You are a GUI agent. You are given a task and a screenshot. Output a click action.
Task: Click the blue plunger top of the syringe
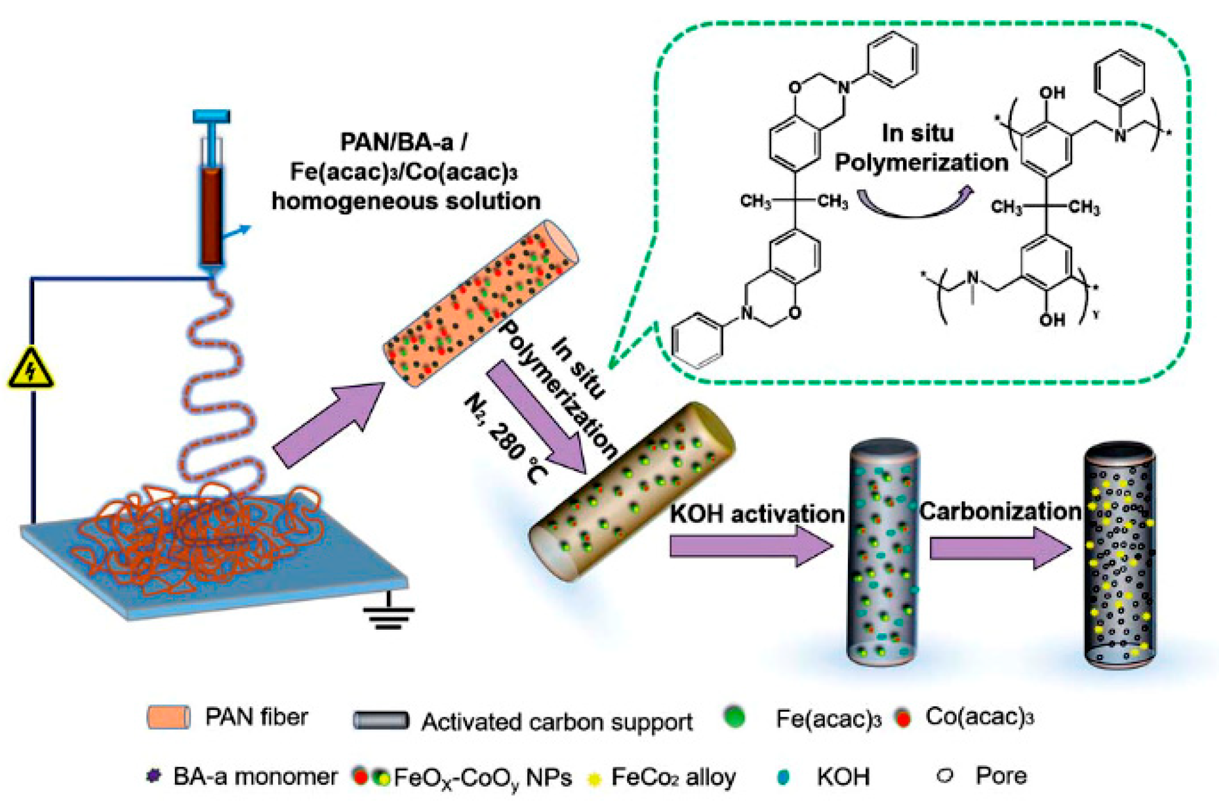point(211,117)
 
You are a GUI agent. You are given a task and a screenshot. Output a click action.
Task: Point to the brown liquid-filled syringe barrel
point(211,215)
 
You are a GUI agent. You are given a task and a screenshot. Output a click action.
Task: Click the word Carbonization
point(1000,511)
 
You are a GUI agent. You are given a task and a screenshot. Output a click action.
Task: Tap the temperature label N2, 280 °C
point(505,439)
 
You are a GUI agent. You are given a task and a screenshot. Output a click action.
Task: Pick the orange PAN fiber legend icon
point(168,717)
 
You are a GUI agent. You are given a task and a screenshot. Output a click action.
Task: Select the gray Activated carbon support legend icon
point(381,720)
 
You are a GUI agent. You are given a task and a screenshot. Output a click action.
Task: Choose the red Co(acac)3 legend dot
point(902,717)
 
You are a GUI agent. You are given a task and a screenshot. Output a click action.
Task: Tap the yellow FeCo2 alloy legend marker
point(594,779)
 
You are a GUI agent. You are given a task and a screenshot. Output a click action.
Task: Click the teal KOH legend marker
point(783,777)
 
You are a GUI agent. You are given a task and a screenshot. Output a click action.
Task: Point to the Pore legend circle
point(945,776)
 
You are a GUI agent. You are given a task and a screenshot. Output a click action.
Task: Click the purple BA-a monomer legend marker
point(153,776)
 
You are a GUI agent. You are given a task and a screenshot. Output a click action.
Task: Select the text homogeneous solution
point(406,201)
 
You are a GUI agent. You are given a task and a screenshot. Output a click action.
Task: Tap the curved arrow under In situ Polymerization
point(915,203)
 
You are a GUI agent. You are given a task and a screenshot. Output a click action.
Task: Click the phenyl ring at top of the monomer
point(892,59)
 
